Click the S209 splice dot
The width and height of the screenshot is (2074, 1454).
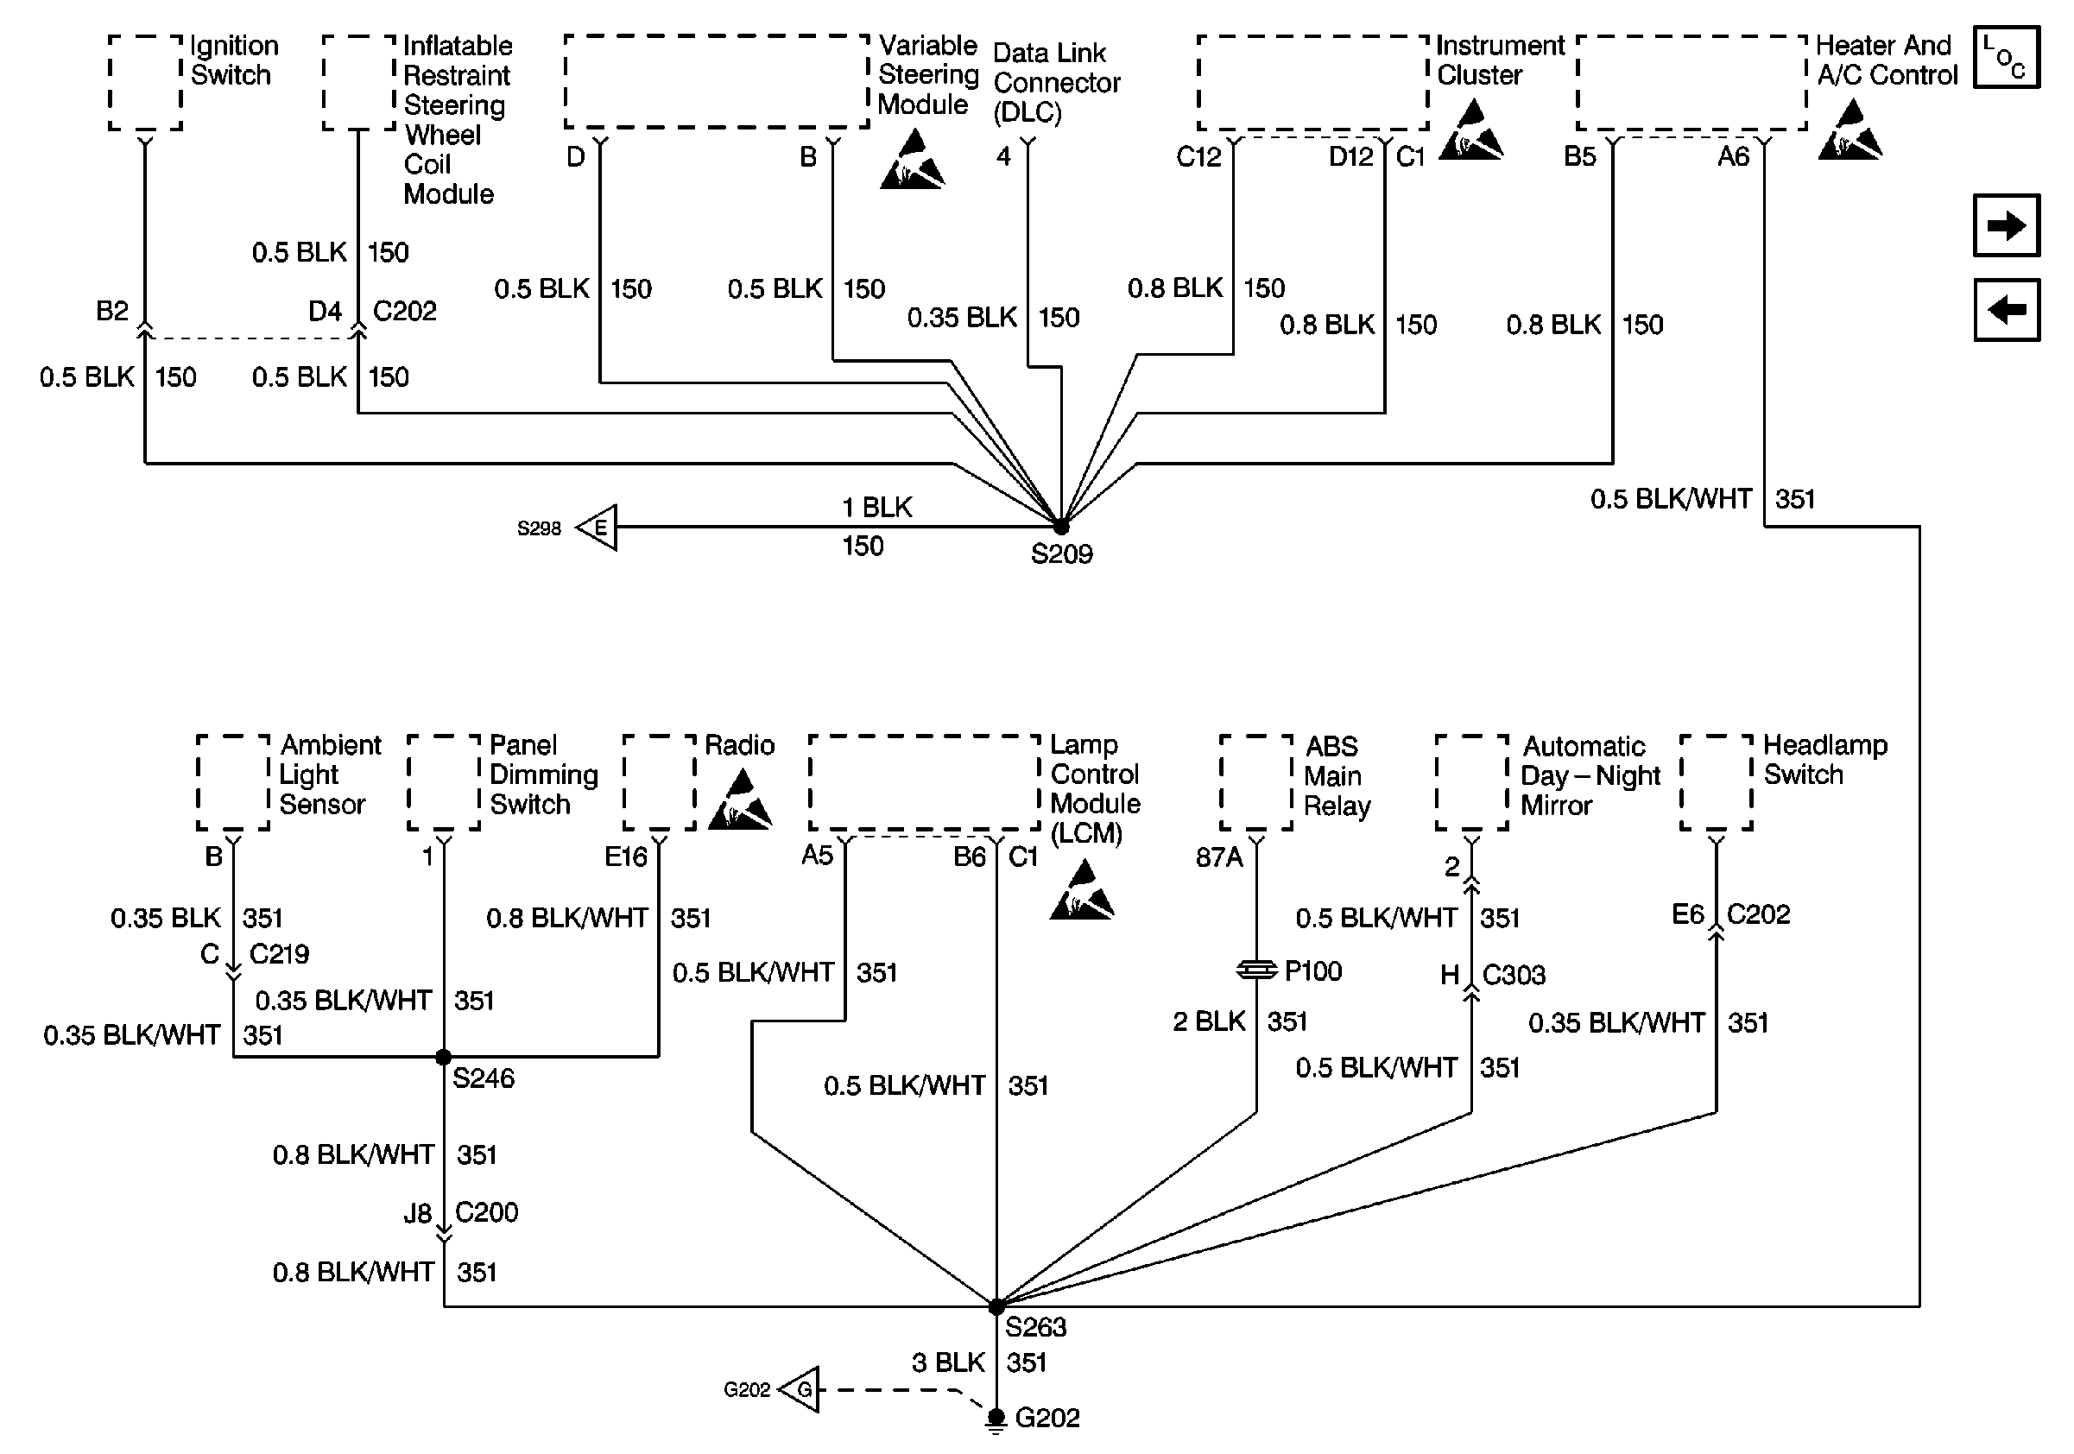coord(1061,527)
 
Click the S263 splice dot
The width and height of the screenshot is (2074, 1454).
coord(996,1307)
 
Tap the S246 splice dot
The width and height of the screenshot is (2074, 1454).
coord(444,1057)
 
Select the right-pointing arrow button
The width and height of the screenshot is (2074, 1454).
coord(2007,224)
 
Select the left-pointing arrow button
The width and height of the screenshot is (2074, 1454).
coord(2007,310)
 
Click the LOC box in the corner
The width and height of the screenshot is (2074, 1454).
coord(2007,57)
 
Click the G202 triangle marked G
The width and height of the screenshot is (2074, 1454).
coord(799,1389)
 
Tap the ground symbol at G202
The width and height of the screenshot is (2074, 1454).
coord(996,1420)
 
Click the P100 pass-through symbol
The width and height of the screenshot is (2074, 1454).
coord(1256,970)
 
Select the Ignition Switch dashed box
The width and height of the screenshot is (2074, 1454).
coord(145,83)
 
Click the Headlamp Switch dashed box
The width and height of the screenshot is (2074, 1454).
coord(1717,782)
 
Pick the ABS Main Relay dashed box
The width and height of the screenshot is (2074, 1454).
coord(1256,782)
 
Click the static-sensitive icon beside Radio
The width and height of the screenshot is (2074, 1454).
coord(740,800)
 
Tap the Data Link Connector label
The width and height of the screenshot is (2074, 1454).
coord(1056,83)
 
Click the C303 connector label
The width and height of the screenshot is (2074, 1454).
coord(1514,976)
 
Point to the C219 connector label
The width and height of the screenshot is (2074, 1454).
coord(279,954)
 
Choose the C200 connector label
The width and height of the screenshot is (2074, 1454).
coord(487,1212)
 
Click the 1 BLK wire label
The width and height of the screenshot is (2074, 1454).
coord(877,508)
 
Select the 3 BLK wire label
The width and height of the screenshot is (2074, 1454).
coord(947,1362)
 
